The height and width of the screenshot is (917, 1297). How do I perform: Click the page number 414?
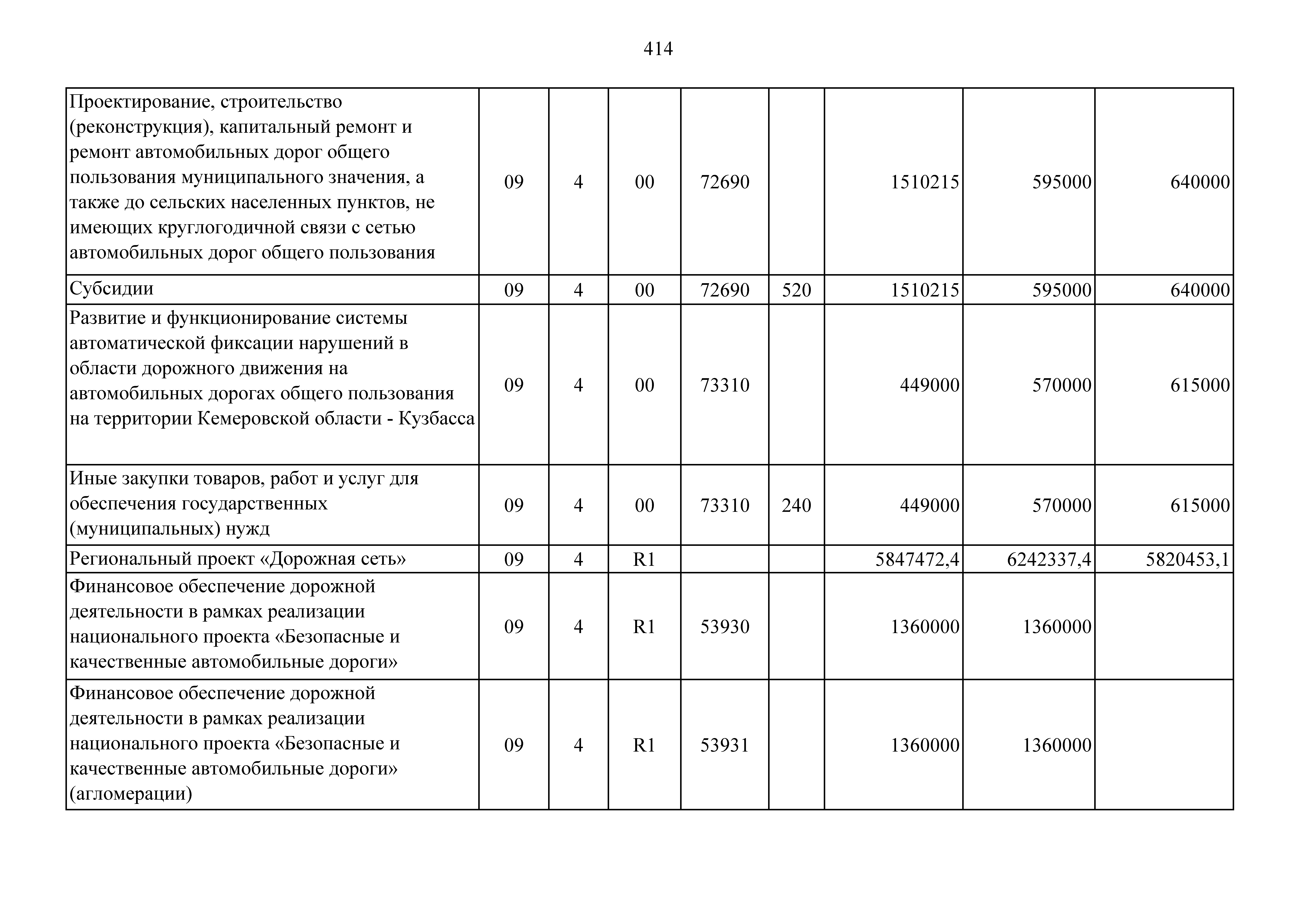tap(658, 49)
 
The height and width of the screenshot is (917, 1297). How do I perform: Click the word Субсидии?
tap(111, 289)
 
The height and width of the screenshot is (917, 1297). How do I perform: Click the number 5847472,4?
tap(917, 559)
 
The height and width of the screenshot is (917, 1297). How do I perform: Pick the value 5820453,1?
tap(1187, 559)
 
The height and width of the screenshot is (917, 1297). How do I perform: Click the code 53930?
tap(725, 627)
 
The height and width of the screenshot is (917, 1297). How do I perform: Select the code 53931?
tap(725, 745)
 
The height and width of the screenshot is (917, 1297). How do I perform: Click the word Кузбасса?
tap(437, 419)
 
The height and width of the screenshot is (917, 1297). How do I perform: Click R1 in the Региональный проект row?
tap(644, 559)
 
